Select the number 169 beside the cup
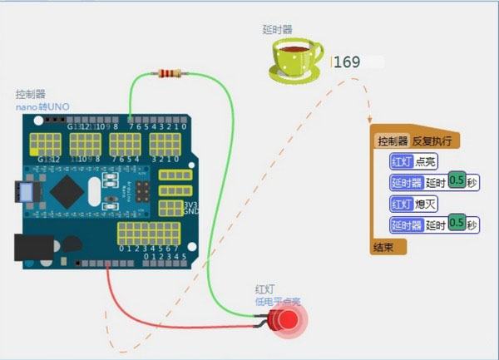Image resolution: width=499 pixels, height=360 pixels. coord(347,62)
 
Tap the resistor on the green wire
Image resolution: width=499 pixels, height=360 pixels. coord(169,74)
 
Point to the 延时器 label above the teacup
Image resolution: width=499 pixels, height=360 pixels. coord(277,29)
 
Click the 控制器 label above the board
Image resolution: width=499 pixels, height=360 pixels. coord(29,95)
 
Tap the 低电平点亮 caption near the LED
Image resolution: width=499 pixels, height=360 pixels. coord(277,301)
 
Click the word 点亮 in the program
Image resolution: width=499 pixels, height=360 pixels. coord(427,161)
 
